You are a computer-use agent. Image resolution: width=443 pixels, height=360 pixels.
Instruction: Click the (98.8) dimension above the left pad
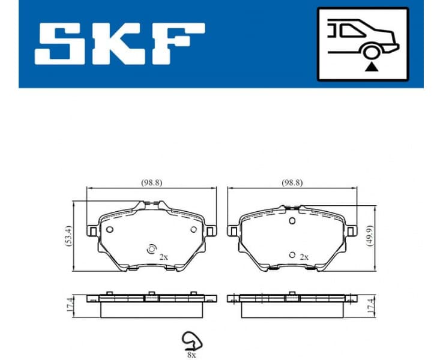click(152, 181)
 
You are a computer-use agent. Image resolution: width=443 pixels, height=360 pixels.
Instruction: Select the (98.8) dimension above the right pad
click(292, 181)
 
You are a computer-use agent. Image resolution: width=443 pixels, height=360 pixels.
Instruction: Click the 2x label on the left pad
click(163, 256)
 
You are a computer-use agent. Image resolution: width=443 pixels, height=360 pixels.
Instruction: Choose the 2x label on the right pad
click(304, 256)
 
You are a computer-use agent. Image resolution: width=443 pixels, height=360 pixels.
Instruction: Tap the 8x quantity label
click(191, 355)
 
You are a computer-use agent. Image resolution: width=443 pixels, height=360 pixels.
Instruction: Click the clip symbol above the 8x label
click(191, 341)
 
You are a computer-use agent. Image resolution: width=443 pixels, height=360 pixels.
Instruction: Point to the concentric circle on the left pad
click(151, 249)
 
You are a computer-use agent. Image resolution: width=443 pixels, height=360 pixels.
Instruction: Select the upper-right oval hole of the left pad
click(193, 229)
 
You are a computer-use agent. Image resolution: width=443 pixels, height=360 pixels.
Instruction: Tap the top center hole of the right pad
click(292, 221)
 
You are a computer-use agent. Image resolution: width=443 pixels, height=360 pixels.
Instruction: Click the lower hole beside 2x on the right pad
click(292, 255)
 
